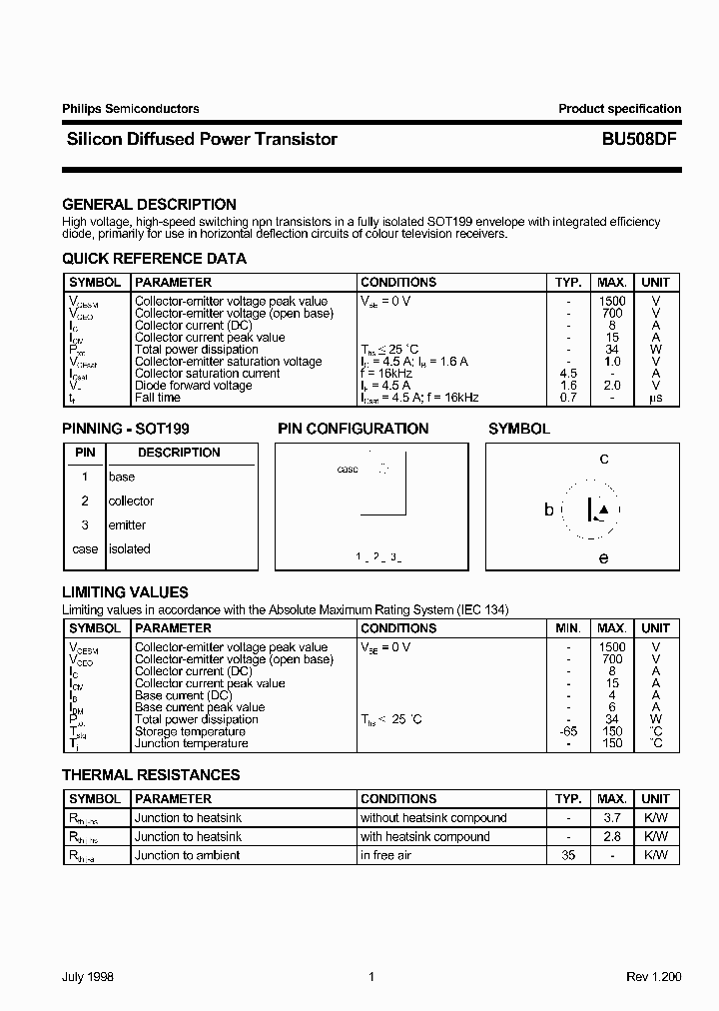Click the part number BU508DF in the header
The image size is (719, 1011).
point(640,140)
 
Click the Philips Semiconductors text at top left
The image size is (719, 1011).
point(131,109)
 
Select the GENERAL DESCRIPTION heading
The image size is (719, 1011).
point(149,204)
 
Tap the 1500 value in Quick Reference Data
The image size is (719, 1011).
point(612,301)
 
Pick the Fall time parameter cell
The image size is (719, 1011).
point(158,398)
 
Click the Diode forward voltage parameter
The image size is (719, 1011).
point(193,386)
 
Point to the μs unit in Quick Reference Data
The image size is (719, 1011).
point(655,398)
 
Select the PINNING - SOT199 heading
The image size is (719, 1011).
point(126,429)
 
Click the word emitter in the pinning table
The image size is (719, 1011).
point(127,524)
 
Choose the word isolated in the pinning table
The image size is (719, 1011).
point(130,548)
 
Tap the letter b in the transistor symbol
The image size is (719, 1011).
point(548,509)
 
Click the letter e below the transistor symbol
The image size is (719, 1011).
point(603,558)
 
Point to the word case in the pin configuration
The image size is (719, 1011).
point(348,469)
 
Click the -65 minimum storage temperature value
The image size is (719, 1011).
point(567,731)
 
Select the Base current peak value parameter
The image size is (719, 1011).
point(200,707)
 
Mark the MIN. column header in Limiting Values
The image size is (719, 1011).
point(567,628)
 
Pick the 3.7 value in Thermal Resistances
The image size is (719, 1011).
point(612,818)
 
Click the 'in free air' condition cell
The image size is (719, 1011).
point(385,855)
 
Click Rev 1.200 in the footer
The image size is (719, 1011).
point(651,978)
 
